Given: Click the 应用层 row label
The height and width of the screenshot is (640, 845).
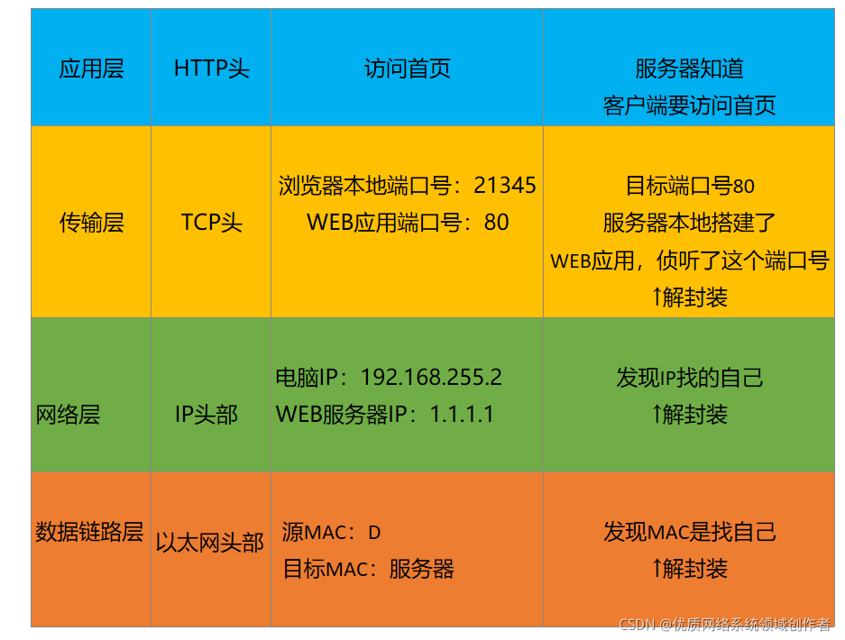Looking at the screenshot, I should tap(91, 69).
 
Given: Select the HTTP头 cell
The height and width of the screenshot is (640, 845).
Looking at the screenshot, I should tap(211, 69).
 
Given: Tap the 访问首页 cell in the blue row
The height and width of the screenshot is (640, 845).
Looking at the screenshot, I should tap(407, 69).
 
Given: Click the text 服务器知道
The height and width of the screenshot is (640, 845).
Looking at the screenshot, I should tap(689, 69).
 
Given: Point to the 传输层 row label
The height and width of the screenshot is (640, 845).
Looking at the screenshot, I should tap(91, 223).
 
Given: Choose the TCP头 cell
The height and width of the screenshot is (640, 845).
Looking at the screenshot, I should tap(211, 223).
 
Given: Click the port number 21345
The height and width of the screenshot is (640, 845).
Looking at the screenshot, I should tap(505, 186).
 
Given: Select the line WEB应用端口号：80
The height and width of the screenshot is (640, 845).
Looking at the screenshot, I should tap(408, 223).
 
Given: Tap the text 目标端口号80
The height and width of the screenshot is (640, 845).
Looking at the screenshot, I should tap(689, 186).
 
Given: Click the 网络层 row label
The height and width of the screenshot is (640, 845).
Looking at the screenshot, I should tap(68, 415).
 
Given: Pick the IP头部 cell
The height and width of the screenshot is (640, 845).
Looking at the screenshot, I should tap(207, 415).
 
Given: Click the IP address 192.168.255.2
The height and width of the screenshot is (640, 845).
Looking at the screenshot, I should tap(431, 377).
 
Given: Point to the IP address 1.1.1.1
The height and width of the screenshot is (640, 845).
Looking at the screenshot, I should tap(462, 415).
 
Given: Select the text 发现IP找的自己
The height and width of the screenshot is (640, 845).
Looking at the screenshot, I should tap(689, 377).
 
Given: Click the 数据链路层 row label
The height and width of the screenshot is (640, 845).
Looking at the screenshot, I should tap(89, 532).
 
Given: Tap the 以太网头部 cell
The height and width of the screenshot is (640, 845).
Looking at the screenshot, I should tap(210, 543).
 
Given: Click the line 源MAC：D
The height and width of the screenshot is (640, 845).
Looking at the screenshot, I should tap(331, 533).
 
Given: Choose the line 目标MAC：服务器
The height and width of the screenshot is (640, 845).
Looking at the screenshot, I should tap(368, 570).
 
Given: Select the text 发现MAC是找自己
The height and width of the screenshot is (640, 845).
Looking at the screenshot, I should tap(689, 532).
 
